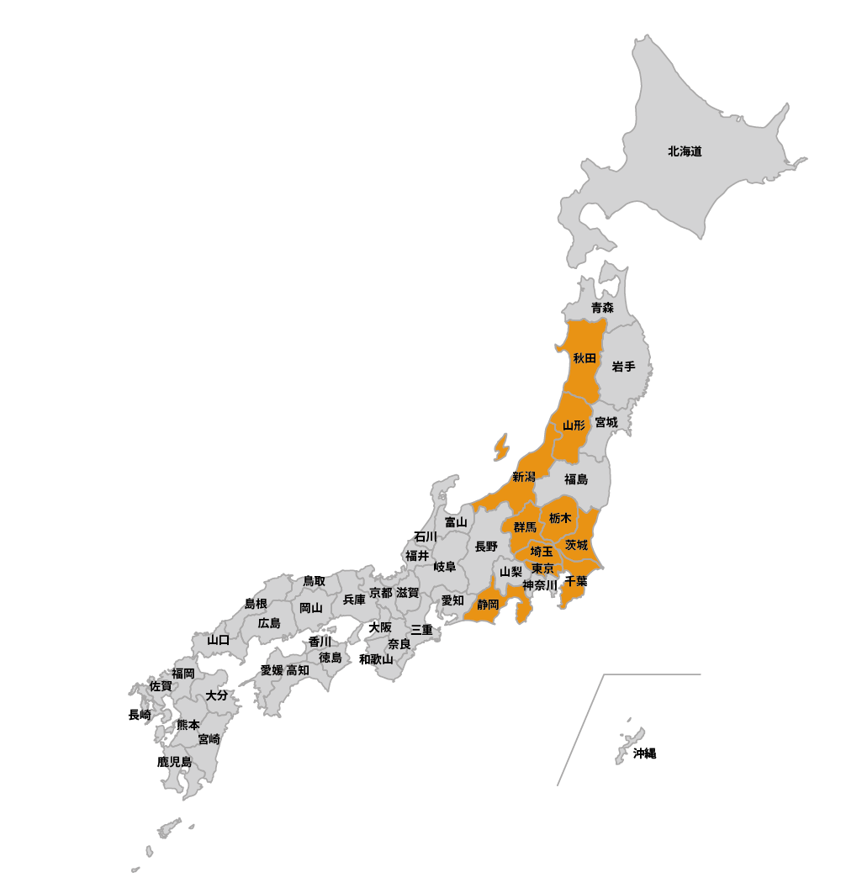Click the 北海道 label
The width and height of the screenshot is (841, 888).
(x=685, y=152)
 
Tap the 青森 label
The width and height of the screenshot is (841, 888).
(x=602, y=308)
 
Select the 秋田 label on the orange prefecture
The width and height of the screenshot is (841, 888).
(x=584, y=358)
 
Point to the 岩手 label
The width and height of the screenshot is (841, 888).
(x=623, y=367)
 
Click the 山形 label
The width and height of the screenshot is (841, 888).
(x=574, y=425)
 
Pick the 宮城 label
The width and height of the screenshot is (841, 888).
(x=606, y=422)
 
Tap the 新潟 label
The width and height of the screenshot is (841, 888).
(x=523, y=477)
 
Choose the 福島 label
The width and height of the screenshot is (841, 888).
(x=576, y=479)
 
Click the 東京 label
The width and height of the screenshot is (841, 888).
(x=542, y=568)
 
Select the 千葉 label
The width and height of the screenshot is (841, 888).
(x=576, y=581)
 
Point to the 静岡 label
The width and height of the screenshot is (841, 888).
(x=488, y=605)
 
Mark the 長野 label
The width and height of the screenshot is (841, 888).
(x=486, y=547)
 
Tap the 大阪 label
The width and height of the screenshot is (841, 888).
(x=380, y=627)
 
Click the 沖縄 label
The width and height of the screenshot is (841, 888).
(x=644, y=753)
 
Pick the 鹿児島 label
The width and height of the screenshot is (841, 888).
(x=174, y=762)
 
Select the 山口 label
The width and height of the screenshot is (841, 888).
(x=218, y=640)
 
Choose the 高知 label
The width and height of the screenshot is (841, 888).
(x=298, y=670)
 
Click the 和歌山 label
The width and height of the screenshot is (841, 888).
(x=376, y=659)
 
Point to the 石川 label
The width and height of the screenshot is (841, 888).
(x=426, y=536)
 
